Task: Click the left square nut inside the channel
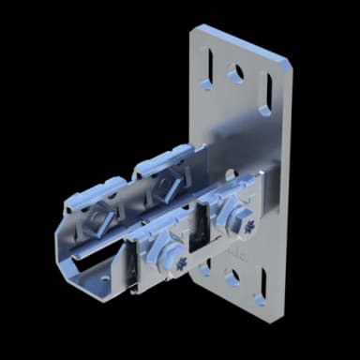98,217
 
